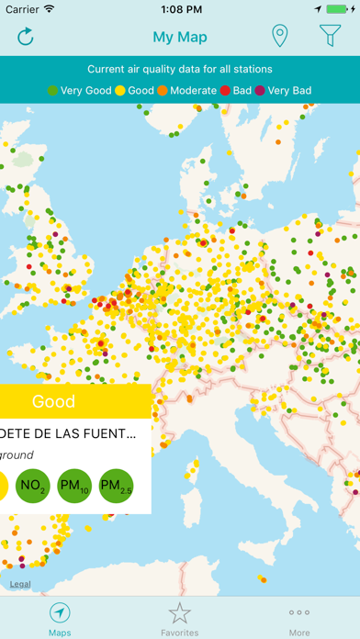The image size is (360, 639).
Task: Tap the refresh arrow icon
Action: point(26,37)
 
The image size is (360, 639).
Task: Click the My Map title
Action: point(180,38)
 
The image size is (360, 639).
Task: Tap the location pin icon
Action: point(280,37)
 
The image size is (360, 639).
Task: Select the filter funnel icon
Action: point(330,37)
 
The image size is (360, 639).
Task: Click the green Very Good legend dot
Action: point(52,91)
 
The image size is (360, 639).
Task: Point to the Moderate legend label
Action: point(193,91)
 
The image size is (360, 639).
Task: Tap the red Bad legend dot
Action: point(226,91)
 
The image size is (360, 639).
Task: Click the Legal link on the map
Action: point(20,584)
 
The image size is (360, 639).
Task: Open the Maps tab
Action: point(60,620)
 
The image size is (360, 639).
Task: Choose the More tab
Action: point(299,620)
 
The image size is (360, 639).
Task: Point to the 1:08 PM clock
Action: point(180,9)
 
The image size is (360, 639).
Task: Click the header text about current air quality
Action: point(180,69)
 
